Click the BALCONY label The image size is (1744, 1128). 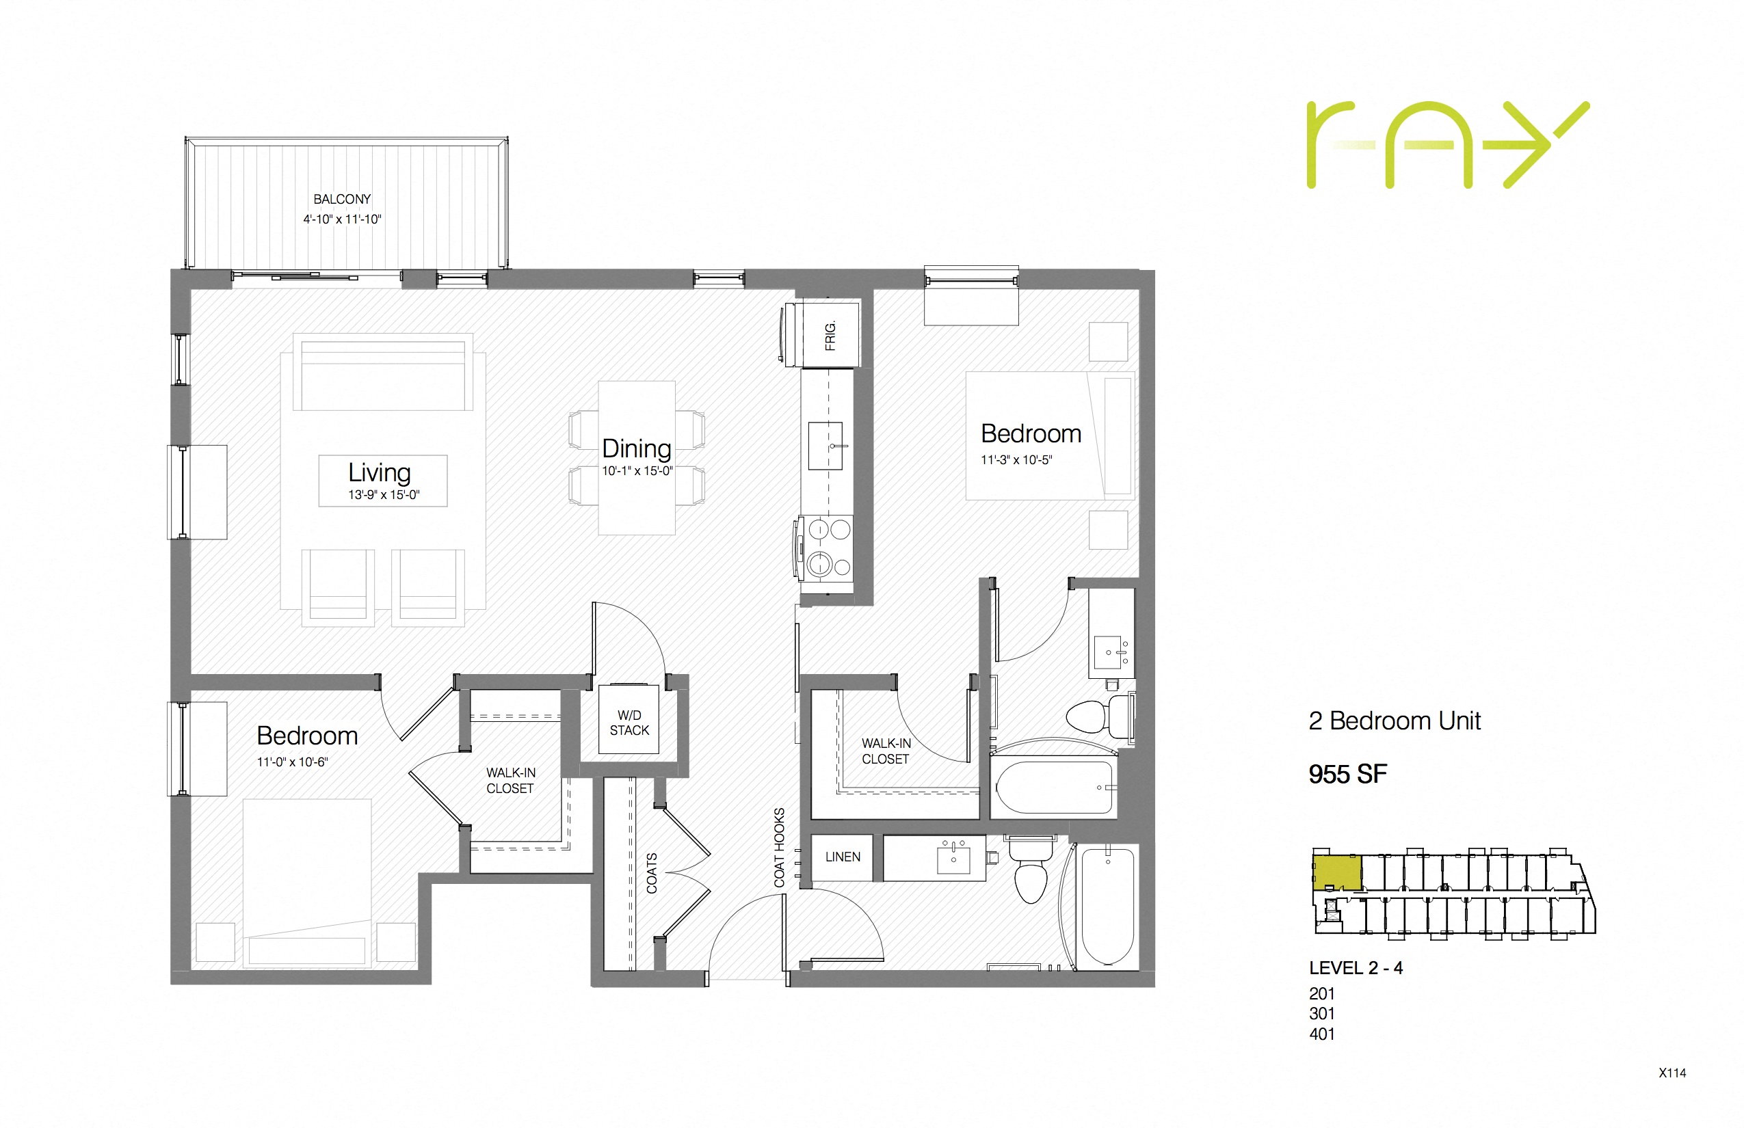point(342,199)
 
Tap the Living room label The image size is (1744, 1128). point(380,472)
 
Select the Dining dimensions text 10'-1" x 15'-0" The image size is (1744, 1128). point(637,471)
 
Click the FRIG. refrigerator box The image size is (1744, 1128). point(830,335)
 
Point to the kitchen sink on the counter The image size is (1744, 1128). point(825,445)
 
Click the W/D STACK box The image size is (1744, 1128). point(629,722)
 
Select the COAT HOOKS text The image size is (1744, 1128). point(779,848)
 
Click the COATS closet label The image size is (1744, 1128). point(651,873)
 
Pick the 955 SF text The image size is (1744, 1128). point(1347,774)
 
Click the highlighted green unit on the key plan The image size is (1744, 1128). point(1336,872)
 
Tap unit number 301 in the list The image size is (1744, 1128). point(1322,1014)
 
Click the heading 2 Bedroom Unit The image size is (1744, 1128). point(1395,721)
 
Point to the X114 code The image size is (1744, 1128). point(1672,1073)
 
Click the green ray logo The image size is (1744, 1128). point(1447,145)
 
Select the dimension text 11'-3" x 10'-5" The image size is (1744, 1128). point(1016,460)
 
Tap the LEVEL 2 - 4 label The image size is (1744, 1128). point(1356,967)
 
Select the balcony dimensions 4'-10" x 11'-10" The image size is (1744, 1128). point(342,219)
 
